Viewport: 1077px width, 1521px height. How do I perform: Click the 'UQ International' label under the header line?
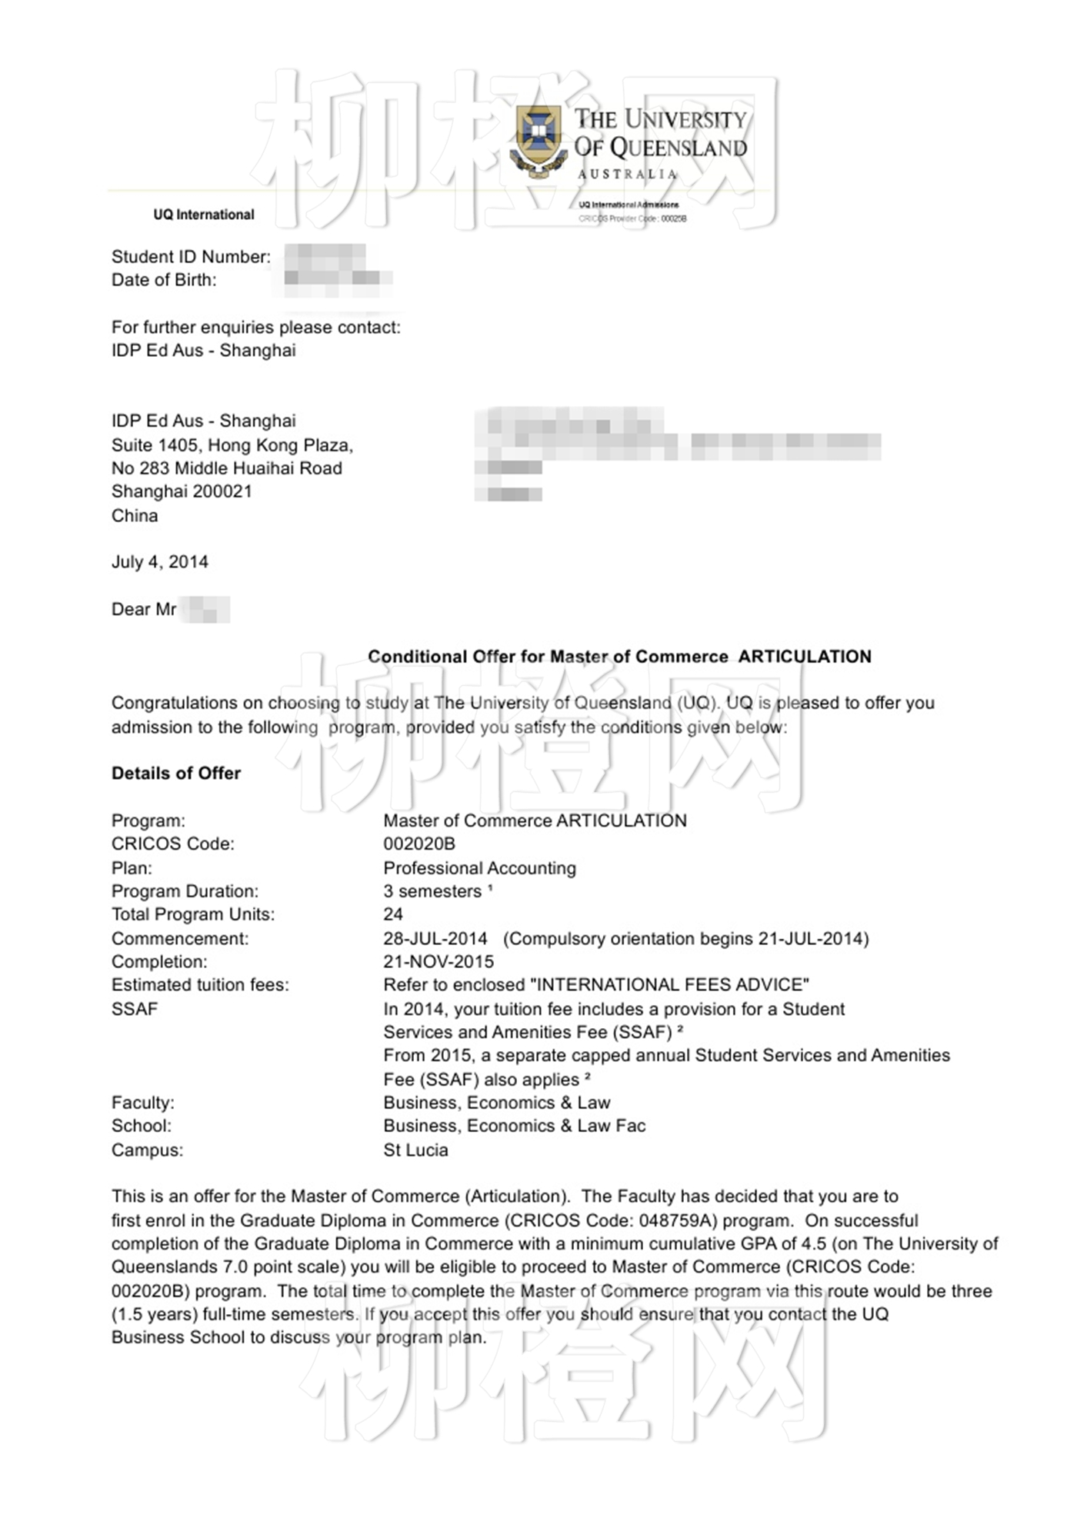[204, 215]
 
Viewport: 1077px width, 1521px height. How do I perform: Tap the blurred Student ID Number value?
[325, 256]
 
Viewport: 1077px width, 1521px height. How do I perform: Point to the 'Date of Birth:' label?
[164, 280]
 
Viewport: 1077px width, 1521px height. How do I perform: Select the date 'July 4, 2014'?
[160, 562]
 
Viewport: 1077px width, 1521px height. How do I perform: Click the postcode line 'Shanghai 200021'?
[182, 491]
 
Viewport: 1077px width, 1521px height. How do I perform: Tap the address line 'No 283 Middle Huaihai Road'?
[227, 468]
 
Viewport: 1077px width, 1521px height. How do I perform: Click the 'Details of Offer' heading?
[176, 774]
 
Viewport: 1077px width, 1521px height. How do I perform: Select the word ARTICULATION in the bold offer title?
[805, 657]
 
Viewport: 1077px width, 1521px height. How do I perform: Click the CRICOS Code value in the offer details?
[419, 844]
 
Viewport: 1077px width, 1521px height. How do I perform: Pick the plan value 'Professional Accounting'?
[479, 868]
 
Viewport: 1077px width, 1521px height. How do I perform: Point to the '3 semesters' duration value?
[432, 891]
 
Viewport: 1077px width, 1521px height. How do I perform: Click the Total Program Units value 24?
[393, 914]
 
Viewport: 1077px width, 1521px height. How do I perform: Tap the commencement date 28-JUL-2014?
[435, 939]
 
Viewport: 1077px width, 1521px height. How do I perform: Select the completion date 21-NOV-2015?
[438, 962]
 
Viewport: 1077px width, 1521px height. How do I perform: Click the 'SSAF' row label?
[135, 1009]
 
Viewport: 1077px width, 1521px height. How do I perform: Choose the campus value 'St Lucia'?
[415, 1150]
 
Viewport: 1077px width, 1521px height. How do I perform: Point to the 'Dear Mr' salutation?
[144, 610]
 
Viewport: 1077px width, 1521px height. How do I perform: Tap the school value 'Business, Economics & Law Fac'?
[515, 1127]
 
